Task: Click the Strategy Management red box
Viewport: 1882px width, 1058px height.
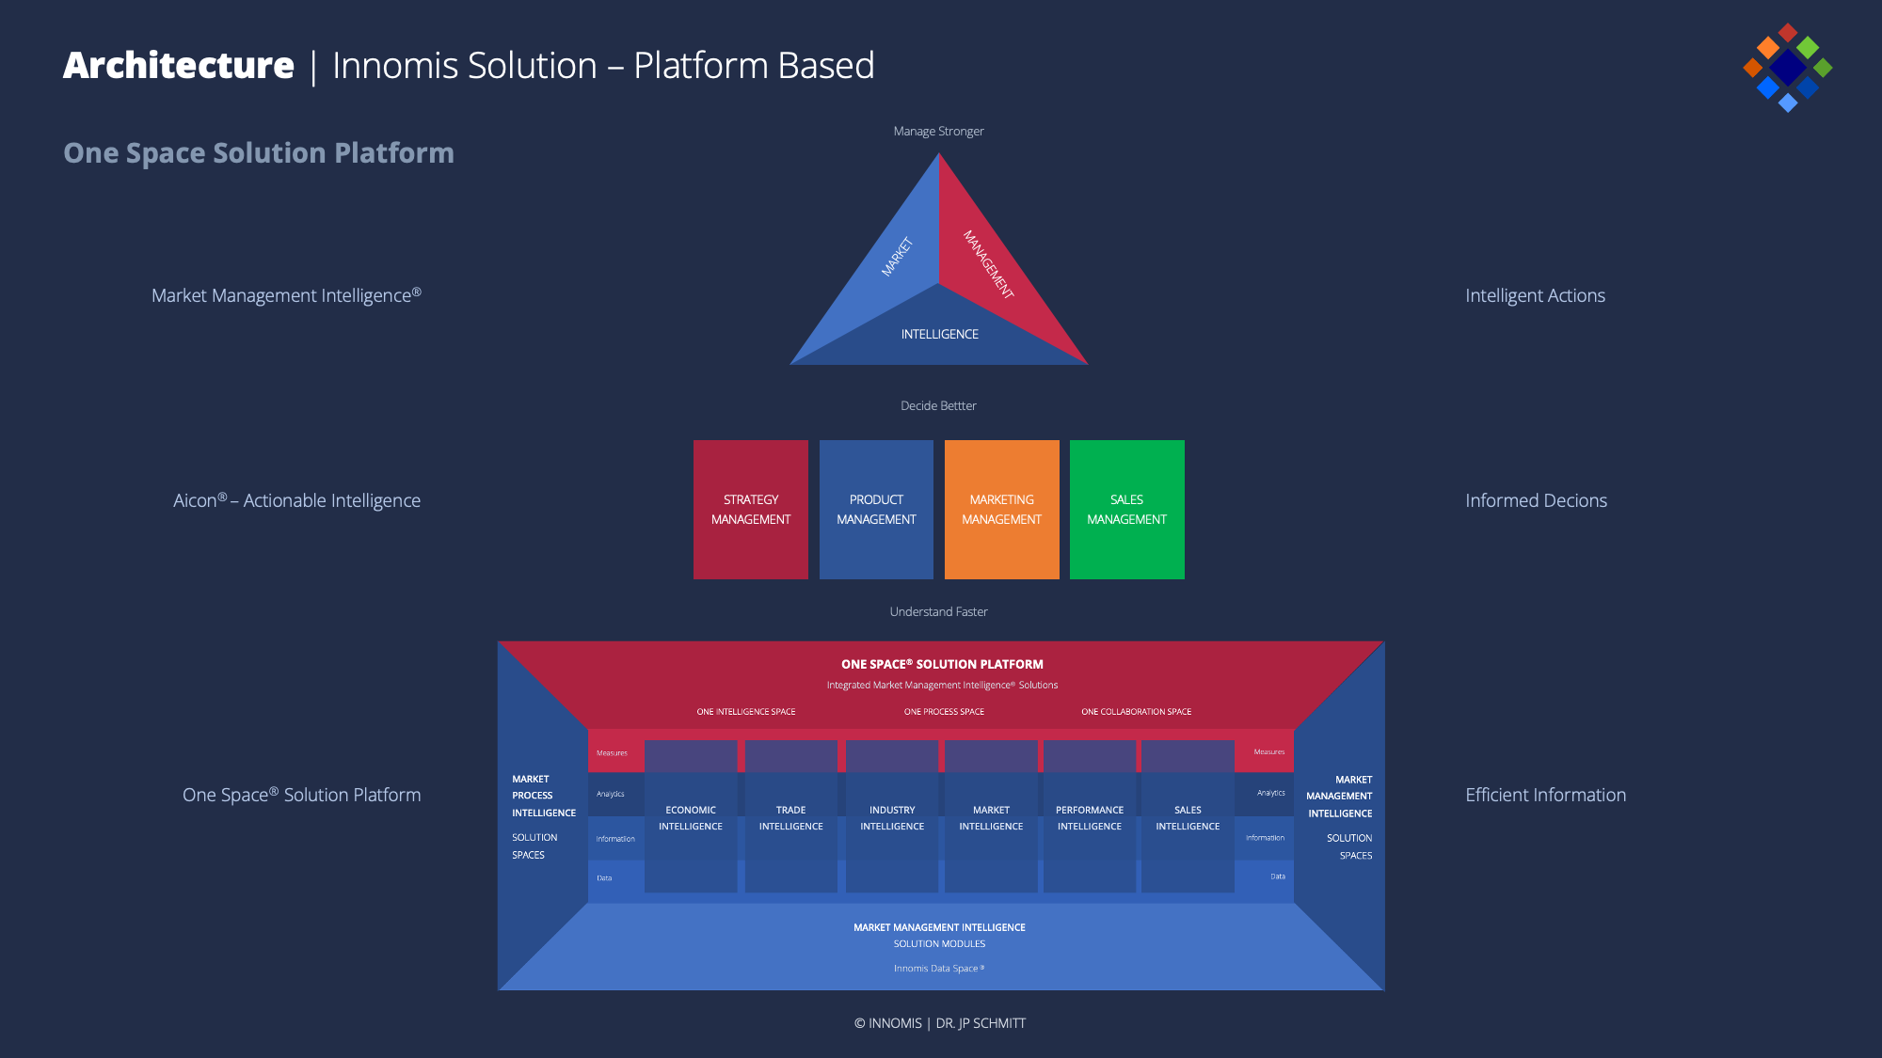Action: click(x=750, y=509)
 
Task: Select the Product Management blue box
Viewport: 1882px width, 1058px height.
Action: click(x=876, y=509)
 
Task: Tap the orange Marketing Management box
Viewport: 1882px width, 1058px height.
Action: click(x=1001, y=509)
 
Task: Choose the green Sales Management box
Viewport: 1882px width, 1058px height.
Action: click(x=1126, y=509)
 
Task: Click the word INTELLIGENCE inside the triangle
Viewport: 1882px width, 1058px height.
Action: click(x=939, y=334)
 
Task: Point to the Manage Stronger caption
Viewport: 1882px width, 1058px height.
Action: click(x=938, y=132)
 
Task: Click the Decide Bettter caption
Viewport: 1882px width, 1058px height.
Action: click(x=938, y=406)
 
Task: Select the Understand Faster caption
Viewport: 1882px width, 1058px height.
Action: click(x=938, y=612)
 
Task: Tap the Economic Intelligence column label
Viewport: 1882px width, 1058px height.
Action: click(x=691, y=818)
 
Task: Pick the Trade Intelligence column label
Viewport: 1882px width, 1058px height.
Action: click(x=790, y=818)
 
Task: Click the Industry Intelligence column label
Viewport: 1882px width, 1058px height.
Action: click(x=892, y=818)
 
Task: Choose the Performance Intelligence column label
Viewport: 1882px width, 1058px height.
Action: click(x=1090, y=818)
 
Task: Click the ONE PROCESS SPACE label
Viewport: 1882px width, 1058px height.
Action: click(x=944, y=712)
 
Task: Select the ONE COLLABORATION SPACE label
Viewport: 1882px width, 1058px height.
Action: click(x=1136, y=712)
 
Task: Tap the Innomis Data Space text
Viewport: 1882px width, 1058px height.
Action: click(x=938, y=969)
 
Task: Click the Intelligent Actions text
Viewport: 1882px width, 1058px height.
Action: click(x=1535, y=295)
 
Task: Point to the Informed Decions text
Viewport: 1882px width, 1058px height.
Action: click(x=1536, y=500)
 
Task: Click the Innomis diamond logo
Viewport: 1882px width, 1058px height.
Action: click(x=1787, y=68)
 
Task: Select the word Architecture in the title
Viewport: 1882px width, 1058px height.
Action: click(x=179, y=66)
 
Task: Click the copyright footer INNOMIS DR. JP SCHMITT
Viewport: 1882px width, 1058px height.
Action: click(x=939, y=1023)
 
